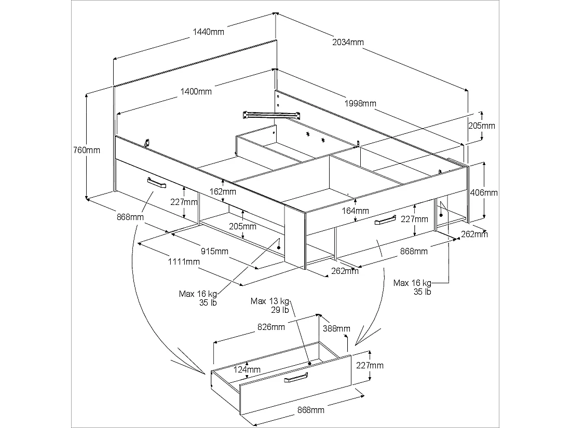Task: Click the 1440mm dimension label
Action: click(x=209, y=32)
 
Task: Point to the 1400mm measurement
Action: click(x=196, y=92)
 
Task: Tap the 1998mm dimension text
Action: click(x=360, y=103)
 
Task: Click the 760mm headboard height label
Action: click(x=86, y=150)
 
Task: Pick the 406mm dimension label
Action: click(x=483, y=192)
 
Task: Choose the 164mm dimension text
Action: click(x=355, y=211)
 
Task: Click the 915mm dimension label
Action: click(x=215, y=252)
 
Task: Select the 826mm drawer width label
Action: click(x=270, y=327)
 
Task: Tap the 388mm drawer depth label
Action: click(x=336, y=328)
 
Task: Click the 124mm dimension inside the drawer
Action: click(x=247, y=369)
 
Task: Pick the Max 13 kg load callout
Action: click(x=270, y=301)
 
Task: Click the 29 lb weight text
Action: click(x=279, y=310)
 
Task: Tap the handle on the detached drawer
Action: click(x=295, y=379)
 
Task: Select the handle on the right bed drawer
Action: click(x=384, y=221)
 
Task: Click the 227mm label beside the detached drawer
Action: click(x=370, y=365)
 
